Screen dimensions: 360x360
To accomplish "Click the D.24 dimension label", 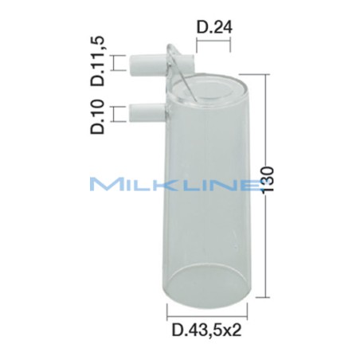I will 213,30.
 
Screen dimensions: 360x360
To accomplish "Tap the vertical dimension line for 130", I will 264,179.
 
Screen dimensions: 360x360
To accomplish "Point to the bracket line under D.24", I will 213,45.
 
